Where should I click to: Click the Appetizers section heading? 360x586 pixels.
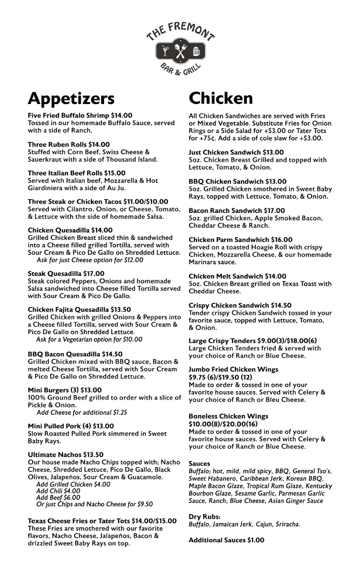(71, 99)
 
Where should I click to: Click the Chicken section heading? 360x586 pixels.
(221, 99)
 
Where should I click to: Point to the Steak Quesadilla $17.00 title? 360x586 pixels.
(66, 273)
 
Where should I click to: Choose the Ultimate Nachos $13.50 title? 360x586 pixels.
(65, 455)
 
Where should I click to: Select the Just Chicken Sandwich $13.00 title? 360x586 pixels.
(236, 152)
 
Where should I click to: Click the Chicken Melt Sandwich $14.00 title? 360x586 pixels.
(237, 276)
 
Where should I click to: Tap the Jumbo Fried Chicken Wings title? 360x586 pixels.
(233, 370)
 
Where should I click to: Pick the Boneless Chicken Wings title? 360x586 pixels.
(229, 417)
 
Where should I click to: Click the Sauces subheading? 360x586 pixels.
(199, 463)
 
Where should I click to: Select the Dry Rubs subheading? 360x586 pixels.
(205, 517)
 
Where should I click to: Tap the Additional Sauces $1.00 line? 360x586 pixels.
(226, 540)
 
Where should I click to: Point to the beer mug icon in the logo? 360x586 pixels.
(196, 51)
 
